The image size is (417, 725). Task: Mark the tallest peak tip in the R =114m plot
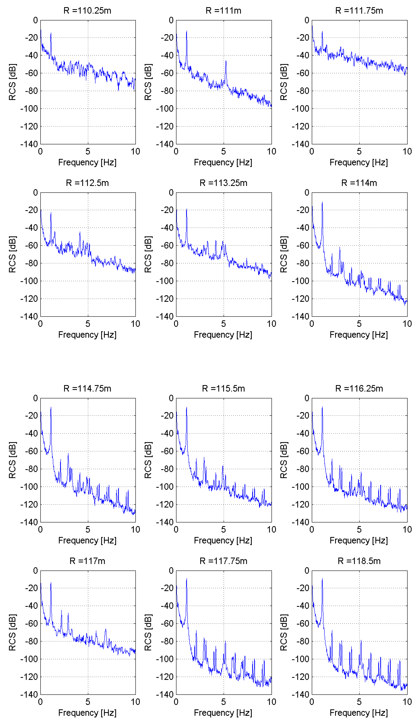[322, 202]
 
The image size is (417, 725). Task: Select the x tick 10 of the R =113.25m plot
[271, 324]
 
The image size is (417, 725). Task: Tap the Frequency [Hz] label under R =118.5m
[359, 713]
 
